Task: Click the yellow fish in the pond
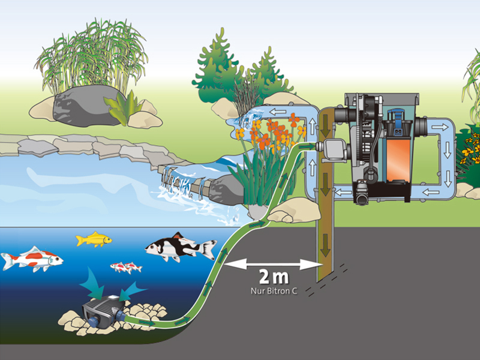click(x=94, y=239)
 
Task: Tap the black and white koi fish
click(x=181, y=247)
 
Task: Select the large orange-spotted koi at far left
click(x=32, y=259)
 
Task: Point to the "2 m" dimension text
click(x=274, y=277)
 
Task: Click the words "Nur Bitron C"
click(x=274, y=290)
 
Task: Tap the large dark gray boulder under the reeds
click(x=87, y=105)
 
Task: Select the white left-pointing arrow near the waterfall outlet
click(x=278, y=112)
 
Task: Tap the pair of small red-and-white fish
click(x=126, y=267)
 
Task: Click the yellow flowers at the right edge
click(x=470, y=147)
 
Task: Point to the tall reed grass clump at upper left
click(x=92, y=56)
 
